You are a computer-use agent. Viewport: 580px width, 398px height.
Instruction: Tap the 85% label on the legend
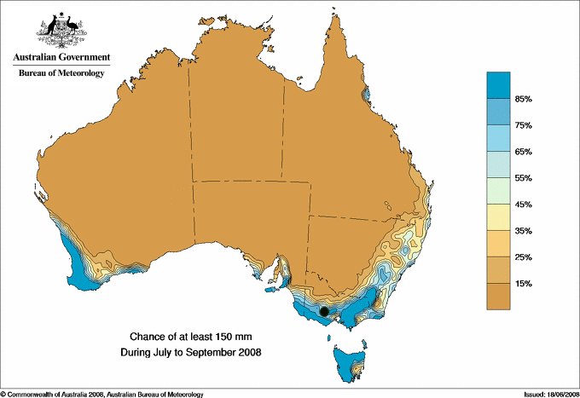point(523,100)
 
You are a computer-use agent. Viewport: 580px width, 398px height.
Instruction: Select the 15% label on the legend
point(523,283)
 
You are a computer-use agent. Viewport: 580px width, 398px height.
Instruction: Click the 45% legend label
point(523,205)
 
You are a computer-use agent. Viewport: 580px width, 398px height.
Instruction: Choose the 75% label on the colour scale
point(523,126)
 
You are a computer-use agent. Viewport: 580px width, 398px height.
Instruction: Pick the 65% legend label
point(523,152)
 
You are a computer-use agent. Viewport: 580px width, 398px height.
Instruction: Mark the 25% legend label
point(523,257)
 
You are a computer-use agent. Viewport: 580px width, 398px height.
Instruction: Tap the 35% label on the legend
point(523,231)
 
